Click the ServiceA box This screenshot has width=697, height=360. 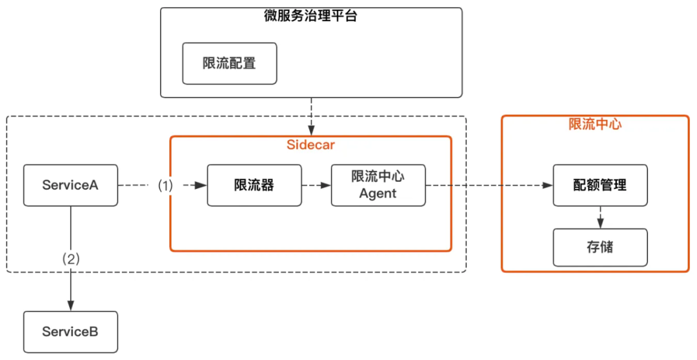point(70,185)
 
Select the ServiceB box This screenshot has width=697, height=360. point(70,332)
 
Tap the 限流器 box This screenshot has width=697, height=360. point(254,185)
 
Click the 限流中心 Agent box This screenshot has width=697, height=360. point(378,185)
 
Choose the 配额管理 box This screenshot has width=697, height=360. point(600,185)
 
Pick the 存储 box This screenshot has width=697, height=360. point(600,246)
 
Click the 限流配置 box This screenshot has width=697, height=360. point(229,63)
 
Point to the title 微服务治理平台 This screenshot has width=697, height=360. point(311,17)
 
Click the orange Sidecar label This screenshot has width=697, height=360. point(310,145)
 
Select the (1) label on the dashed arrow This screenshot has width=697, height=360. point(166,185)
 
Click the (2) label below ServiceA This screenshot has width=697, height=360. point(70,259)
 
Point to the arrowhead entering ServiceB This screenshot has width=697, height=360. point(70,306)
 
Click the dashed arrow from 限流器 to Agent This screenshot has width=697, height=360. point(316,185)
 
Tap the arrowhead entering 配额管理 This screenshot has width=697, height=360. point(548,185)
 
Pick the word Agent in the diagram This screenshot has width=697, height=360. point(378,194)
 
